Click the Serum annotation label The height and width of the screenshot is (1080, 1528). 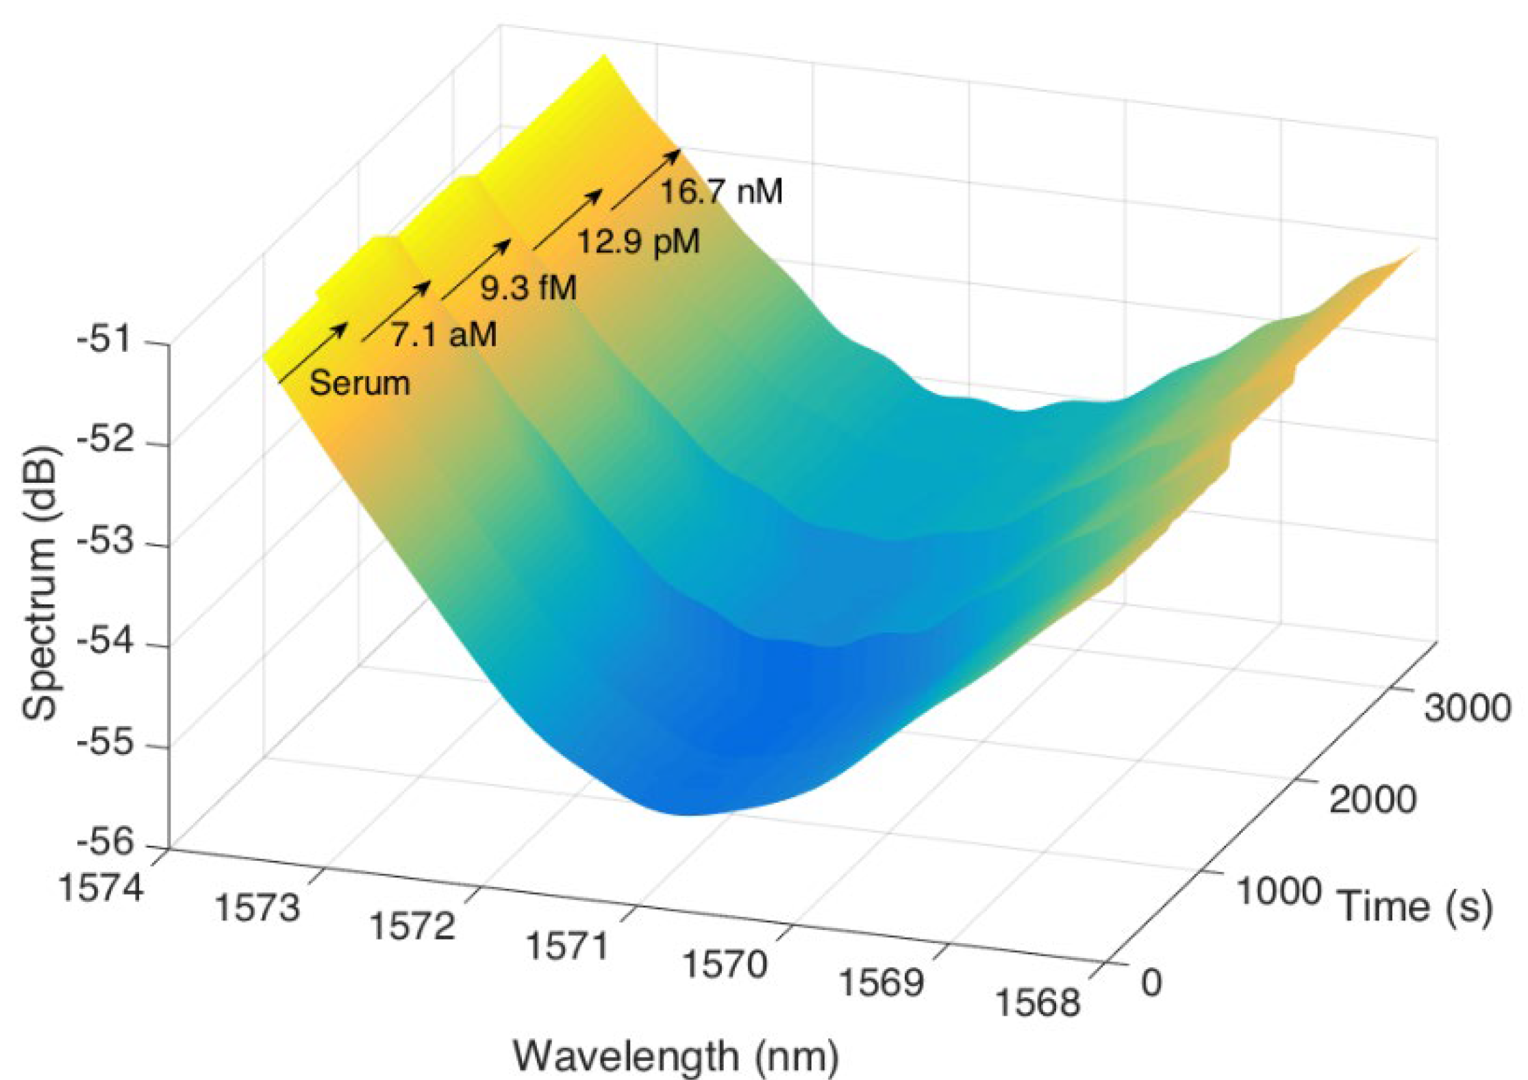[x=360, y=383]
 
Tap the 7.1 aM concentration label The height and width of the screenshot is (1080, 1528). [x=444, y=335]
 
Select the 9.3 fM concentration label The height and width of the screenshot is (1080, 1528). [x=528, y=288]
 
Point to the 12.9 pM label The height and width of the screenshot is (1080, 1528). [x=638, y=242]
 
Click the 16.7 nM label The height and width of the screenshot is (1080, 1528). [x=721, y=191]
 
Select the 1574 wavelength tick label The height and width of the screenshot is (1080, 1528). [x=102, y=889]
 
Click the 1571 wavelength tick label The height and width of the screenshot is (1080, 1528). [x=568, y=947]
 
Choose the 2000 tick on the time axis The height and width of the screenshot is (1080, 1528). [x=1373, y=799]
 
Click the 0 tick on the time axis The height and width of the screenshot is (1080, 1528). [x=1152, y=983]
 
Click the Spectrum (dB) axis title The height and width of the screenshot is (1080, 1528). [x=41, y=582]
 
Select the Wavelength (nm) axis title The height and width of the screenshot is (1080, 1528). [x=676, y=1056]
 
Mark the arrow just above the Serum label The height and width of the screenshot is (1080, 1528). [x=313, y=352]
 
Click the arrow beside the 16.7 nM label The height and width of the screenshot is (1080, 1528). [x=645, y=179]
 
